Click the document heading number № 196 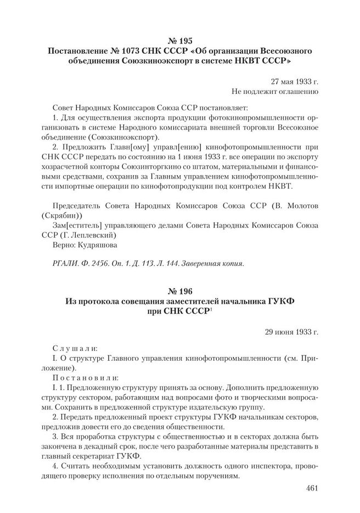(179, 289)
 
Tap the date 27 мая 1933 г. (295, 80)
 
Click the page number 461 (310, 488)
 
